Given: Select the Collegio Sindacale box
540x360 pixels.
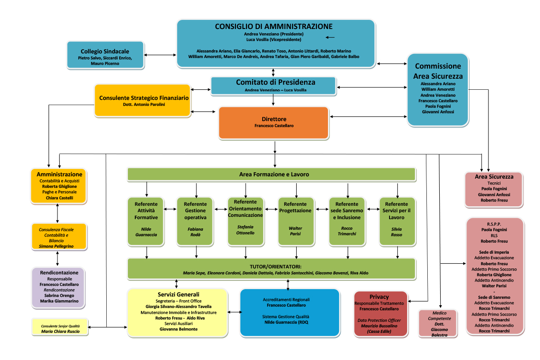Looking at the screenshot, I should (x=105, y=55).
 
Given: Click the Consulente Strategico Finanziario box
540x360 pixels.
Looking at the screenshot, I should (x=144, y=100).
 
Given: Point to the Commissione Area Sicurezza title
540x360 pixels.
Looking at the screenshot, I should (x=438, y=71).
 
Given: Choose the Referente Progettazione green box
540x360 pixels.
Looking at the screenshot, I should (x=295, y=221).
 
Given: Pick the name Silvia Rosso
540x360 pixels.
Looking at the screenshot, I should (x=396, y=232).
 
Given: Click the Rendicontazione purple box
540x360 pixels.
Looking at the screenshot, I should (x=58, y=287).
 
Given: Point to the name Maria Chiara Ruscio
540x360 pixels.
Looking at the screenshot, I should (x=60, y=331).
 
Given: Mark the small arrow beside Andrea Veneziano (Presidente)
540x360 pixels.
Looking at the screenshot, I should (x=330, y=37).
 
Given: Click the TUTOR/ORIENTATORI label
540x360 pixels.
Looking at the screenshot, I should (x=275, y=267).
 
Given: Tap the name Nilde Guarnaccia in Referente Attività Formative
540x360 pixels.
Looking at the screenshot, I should (x=146, y=232).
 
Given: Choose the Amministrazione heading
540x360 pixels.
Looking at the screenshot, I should (x=59, y=174).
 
